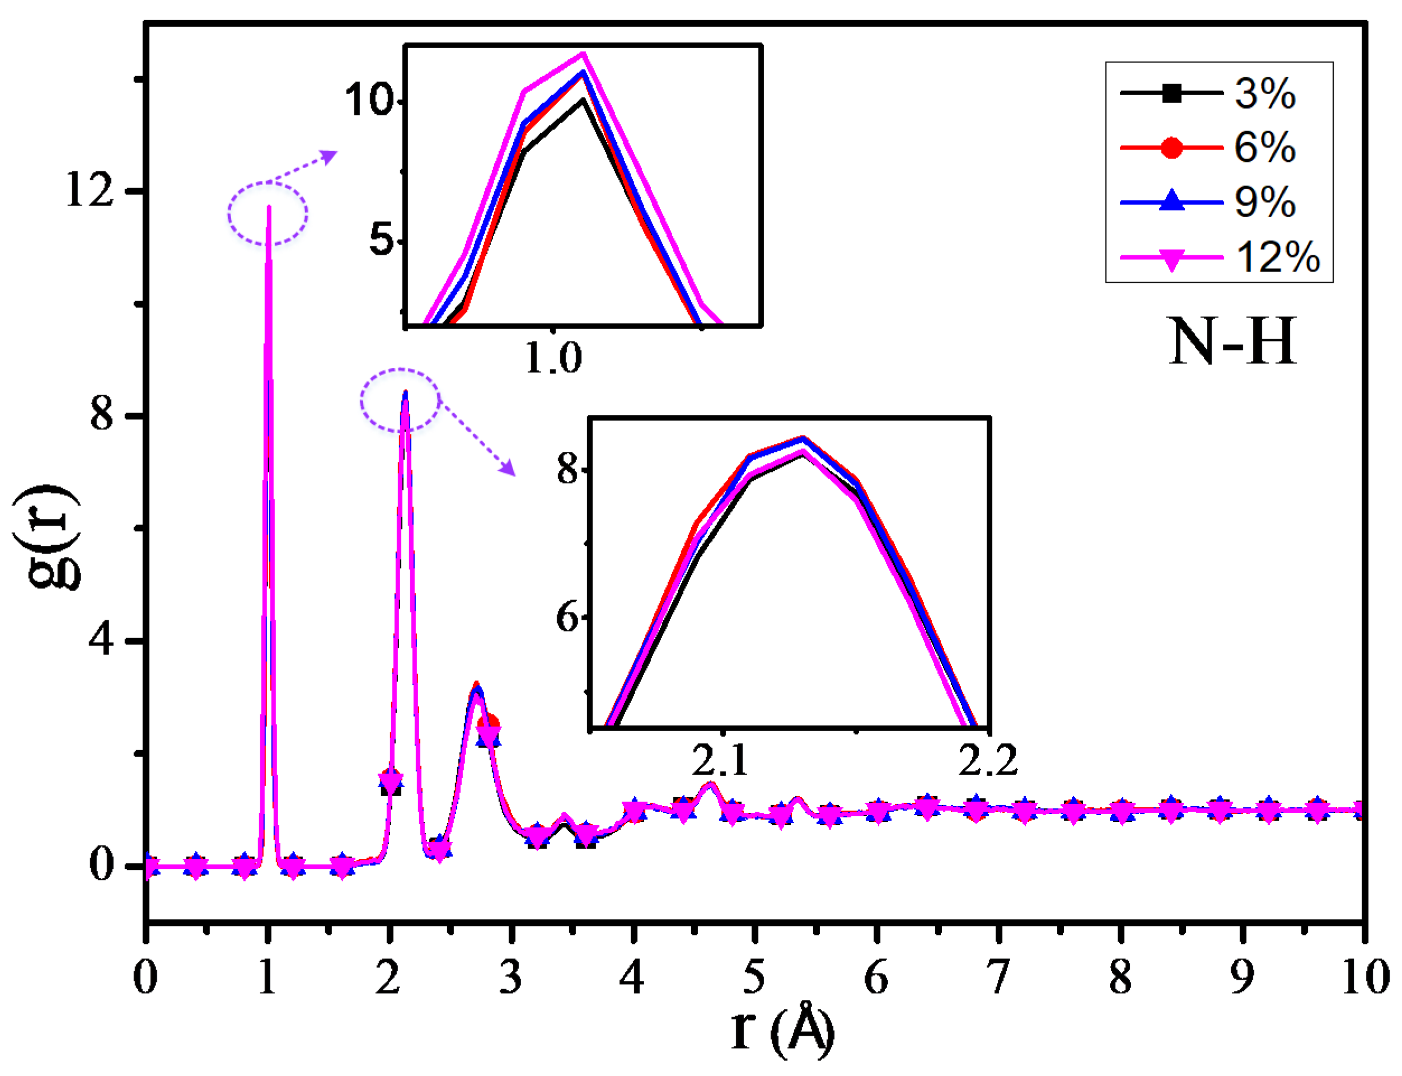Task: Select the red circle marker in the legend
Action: pos(1171,148)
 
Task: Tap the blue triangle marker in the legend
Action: pos(1171,201)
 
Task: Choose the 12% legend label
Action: pos(1277,257)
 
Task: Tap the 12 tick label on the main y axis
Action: pos(89,190)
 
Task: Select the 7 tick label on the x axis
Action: pos(997,977)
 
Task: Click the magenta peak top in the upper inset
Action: pos(583,54)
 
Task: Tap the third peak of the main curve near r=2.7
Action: pos(476,689)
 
